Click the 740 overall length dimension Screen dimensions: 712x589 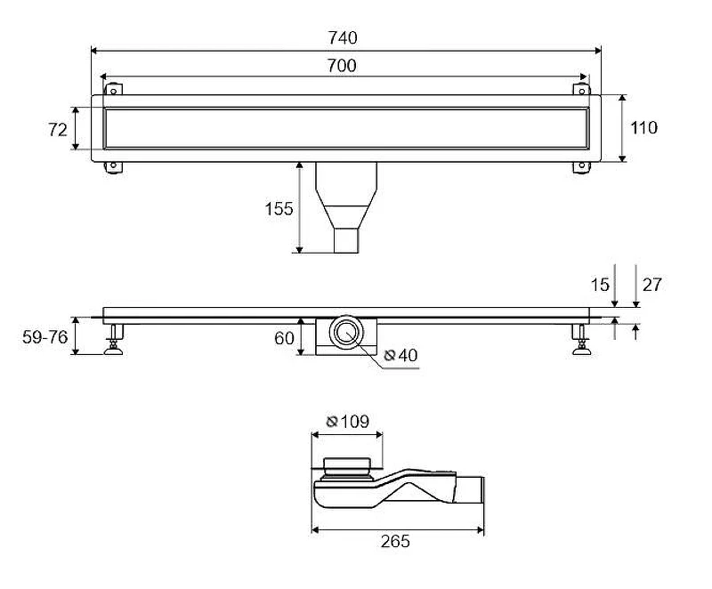click(343, 37)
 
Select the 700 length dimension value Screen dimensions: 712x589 click(342, 66)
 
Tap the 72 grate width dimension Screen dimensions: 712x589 click(58, 130)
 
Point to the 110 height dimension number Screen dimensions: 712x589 click(643, 128)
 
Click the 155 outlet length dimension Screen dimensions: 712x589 click(279, 209)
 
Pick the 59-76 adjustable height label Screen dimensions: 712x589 click(45, 337)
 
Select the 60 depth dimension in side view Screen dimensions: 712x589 click(284, 338)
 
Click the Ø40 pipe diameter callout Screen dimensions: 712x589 click(400, 355)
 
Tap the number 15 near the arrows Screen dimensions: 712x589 click(599, 285)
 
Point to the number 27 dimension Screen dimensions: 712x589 click(652, 285)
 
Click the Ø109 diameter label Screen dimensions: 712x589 click(348, 422)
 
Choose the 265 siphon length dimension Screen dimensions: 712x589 click(395, 541)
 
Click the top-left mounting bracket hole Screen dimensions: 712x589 click(114, 92)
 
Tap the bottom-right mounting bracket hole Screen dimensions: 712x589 click(582, 165)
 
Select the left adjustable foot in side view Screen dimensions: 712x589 click(114, 339)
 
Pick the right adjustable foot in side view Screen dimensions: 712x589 click(582, 339)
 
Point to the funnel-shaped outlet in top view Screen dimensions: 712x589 click(346, 207)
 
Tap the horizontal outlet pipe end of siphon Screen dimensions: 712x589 click(470, 489)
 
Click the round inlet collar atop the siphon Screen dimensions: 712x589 click(347, 467)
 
